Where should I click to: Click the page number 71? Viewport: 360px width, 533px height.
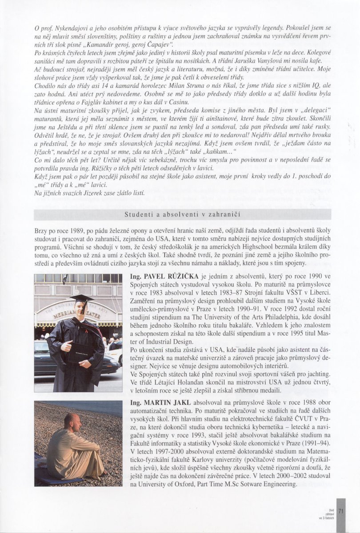pyautogui.click(x=341, y=511)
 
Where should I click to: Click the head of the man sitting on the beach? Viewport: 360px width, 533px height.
pyautogui.click(x=71, y=420)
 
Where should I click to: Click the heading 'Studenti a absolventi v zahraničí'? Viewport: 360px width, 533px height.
pyautogui.click(x=182, y=214)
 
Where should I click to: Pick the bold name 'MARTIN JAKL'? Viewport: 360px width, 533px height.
pyautogui.click(x=156, y=402)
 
